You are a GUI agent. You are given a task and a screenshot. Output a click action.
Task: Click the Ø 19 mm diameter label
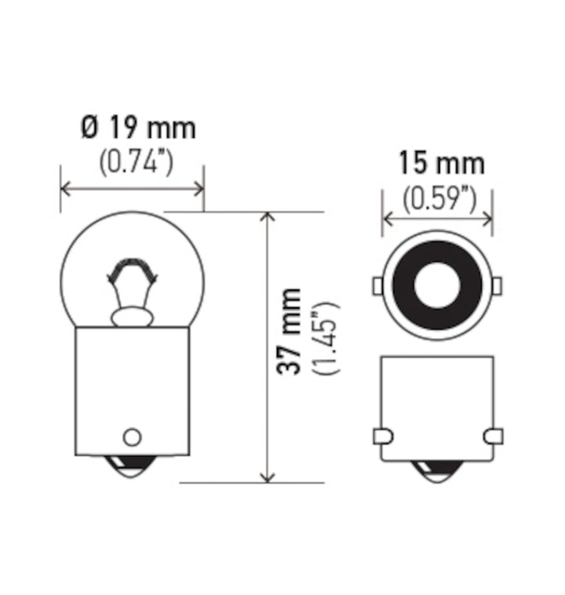coord(138,126)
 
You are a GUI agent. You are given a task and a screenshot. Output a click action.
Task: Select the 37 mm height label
coord(290,332)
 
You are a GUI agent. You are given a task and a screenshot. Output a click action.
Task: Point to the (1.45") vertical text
coord(324,338)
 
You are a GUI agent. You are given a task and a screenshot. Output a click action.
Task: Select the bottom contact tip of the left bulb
coord(132,471)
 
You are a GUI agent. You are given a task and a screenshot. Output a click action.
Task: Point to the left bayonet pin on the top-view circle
coord(377,285)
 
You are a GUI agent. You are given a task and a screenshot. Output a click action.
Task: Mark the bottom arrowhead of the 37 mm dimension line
coord(268,477)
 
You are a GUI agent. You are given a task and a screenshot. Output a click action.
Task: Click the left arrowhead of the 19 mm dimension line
coord(65,188)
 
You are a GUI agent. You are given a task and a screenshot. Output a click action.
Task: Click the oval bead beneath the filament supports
coord(131,317)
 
